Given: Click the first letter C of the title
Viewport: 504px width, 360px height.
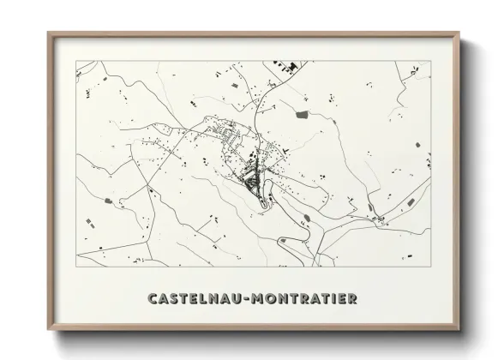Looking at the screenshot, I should pos(153,299).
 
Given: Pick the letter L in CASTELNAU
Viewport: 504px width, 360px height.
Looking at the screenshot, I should pos(206,299).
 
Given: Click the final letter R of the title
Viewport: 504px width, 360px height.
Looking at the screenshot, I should pos(352,299).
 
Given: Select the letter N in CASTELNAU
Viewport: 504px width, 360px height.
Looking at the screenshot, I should pos(214,299).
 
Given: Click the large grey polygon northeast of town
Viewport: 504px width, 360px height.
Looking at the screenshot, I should pos(302,114).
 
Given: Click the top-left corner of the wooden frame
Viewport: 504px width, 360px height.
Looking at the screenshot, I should pos(49,33).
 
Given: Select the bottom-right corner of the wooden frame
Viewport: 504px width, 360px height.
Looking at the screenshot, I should pos(460,331).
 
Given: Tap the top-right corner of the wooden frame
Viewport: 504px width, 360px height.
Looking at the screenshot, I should pos(460,33).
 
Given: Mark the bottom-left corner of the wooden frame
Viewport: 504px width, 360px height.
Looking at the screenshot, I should pos(49,331).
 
